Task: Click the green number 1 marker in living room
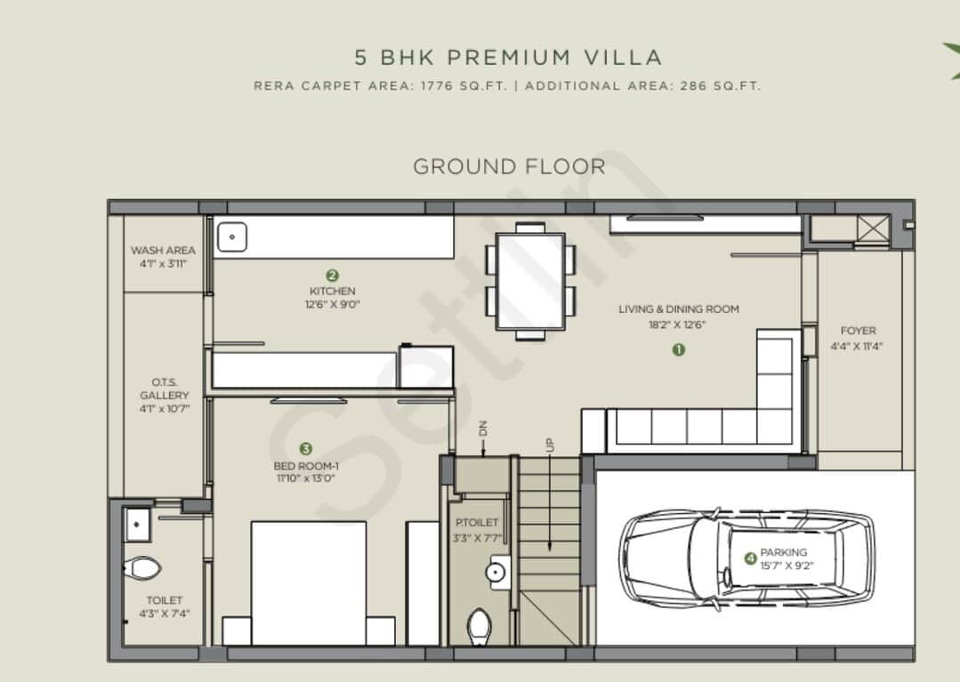tap(678, 349)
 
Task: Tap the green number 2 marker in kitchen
tap(332, 276)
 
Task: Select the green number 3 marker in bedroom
tap(306, 449)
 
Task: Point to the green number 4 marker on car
tap(750, 558)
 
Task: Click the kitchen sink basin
tap(232, 237)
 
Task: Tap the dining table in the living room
tap(530, 280)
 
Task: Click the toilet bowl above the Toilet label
tap(141, 567)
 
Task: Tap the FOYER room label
tap(859, 331)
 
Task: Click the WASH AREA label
tap(163, 251)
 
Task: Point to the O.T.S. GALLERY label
tap(165, 389)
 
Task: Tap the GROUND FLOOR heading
tap(509, 166)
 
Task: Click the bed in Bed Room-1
tap(308, 582)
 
